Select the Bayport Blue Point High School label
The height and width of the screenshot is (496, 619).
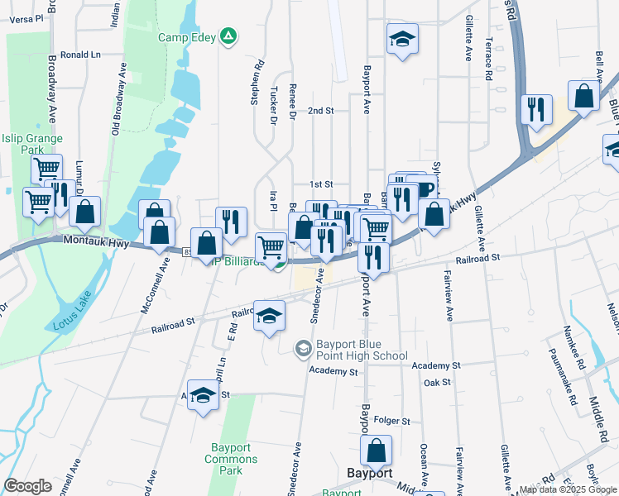[x=362, y=350]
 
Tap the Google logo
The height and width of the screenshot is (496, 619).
[x=27, y=486]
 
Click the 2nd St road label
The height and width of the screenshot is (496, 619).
[x=320, y=110]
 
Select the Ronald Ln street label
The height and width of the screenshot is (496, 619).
[x=80, y=55]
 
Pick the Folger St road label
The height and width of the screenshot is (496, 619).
[x=392, y=421]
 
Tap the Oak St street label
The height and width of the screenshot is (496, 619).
[x=436, y=383]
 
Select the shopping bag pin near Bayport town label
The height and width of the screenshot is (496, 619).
[x=376, y=451]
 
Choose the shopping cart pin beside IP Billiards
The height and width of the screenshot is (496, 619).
[x=271, y=246]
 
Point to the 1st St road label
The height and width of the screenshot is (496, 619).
[x=320, y=184]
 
